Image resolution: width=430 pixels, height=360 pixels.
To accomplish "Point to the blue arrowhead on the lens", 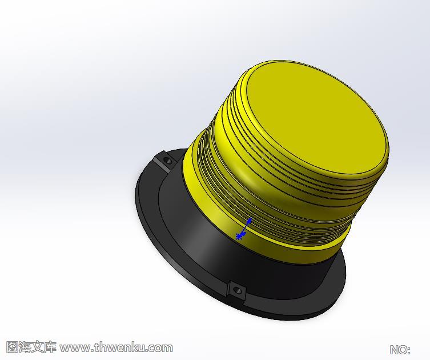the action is tap(250, 221).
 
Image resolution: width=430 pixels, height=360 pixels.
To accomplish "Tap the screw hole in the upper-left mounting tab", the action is tap(167, 160).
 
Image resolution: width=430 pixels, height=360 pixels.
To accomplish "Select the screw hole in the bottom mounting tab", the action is tap(236, 290).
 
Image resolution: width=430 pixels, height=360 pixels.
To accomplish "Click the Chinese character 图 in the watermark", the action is tap(12, 347).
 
